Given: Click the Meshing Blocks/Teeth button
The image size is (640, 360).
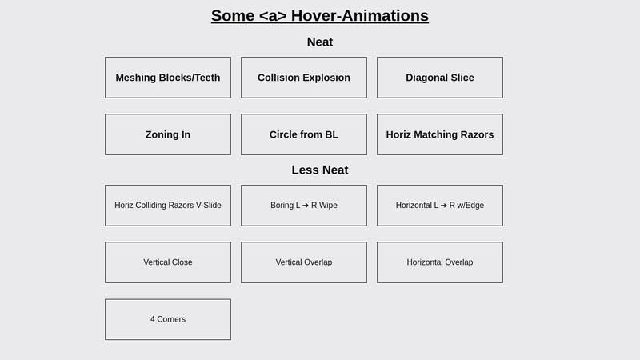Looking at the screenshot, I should pyautogui.click(x=168, y=78).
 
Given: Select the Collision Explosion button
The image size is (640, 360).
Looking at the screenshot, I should pyautogui.click(x=304, y=78).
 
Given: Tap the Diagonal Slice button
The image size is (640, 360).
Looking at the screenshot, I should pyautogui.click(x=440, y=78).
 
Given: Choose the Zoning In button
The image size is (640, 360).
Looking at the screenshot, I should pyautogui.click(x=168, y=134).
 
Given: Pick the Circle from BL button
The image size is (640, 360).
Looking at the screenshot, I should pyautogui.click(x=304, y=134).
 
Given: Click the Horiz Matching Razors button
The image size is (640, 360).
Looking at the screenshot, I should pyautogui.click(x=440, y=134).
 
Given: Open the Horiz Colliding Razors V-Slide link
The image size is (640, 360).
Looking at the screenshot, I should pyautogui.click(x=168, y=206).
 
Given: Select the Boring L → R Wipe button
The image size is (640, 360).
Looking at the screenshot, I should pyautogui.click(x=304, y=206).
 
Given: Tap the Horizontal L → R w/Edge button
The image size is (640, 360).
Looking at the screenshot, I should pyautogui.click(x=440, y=206).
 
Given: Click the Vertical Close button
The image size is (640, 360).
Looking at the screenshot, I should pyautogui.click(x=168, y=262).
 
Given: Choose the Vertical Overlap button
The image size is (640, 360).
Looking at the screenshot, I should pyautogui.click(x=304, y=262).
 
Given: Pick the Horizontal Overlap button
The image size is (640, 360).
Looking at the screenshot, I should pyautogui.click(x=440, y=262).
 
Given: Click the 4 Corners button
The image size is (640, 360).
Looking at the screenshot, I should pyautogui.click(x=168, y=319).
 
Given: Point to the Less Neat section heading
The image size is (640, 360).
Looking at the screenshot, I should pyautogui.click(x=320, y=170).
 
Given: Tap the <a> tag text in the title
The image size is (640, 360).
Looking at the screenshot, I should pyautogui.click(x=273, y=16).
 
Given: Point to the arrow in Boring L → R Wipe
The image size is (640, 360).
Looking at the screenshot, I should pyautogui.click(x=306, y=206).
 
